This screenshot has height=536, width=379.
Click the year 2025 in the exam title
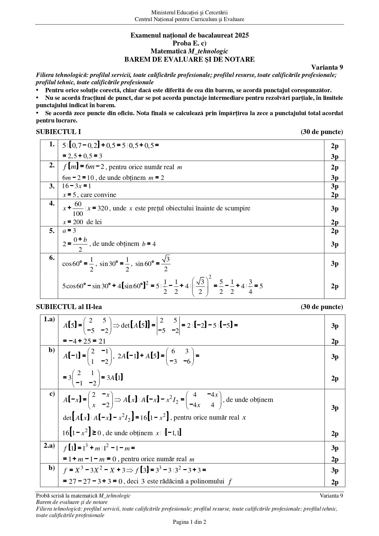tap(242, 35)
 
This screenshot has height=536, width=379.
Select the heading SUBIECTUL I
tap(58, 132)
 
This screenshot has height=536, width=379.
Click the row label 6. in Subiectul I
tap(52, 257)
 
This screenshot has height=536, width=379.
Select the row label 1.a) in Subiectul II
tap(49, 319)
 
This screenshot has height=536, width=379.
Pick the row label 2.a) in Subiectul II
tap(49, 446)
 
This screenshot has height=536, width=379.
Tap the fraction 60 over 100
tap(78, 209)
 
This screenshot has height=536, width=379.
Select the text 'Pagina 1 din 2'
tap(189, 522)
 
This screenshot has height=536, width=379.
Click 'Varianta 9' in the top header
tap(327, 67)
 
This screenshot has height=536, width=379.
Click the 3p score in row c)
tap(335, 408)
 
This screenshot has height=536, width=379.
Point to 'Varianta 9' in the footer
tap(331, 496)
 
